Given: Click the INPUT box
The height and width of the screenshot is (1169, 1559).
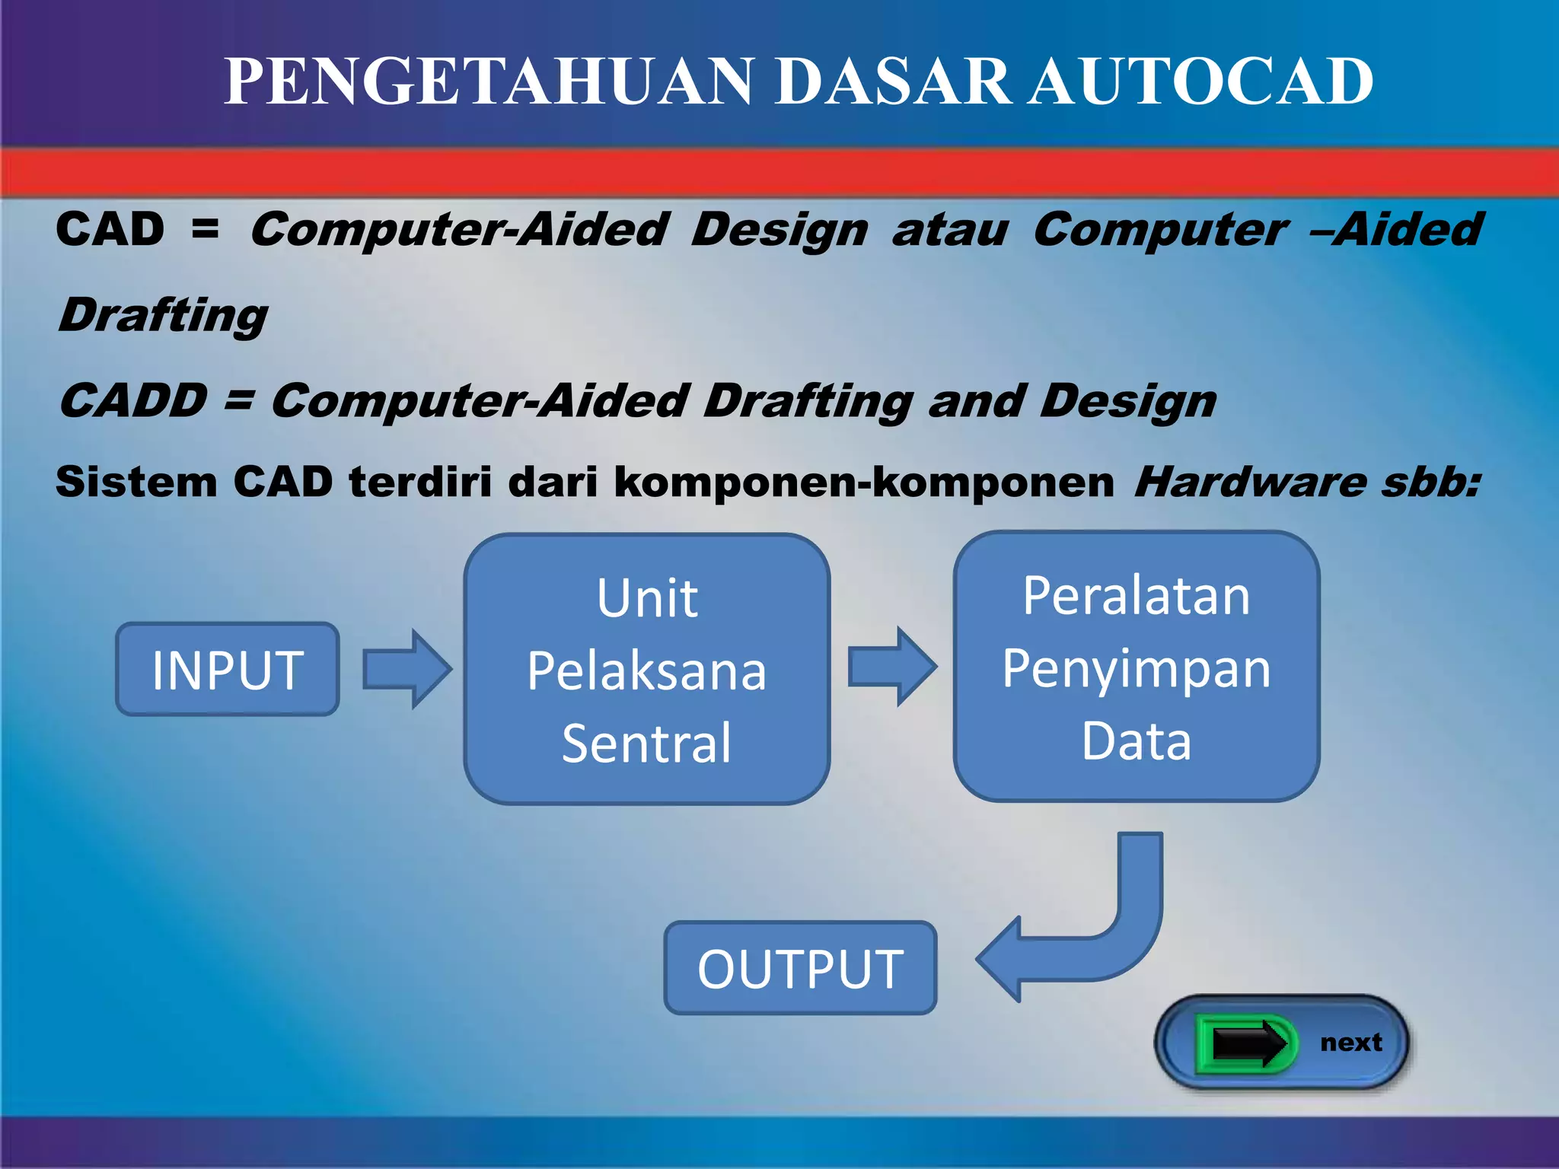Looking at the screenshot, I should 227,669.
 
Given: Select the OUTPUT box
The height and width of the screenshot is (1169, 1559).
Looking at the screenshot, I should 800,968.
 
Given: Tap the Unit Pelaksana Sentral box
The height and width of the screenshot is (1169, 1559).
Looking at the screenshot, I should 646,669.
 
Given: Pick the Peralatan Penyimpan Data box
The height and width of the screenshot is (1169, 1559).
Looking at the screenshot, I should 1136,667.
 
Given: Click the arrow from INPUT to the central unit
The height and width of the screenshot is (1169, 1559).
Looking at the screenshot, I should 406,669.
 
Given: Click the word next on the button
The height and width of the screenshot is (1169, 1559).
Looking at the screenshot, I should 1350,1042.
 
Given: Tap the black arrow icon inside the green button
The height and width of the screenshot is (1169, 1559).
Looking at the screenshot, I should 1248,1043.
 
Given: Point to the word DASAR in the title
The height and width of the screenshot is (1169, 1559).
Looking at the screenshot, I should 894,81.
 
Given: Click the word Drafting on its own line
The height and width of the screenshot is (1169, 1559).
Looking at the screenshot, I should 163,316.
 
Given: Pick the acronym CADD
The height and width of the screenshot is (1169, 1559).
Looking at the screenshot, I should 133,400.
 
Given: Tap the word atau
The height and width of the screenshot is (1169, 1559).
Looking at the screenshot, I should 950,230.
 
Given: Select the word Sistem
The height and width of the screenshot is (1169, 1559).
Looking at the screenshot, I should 136,483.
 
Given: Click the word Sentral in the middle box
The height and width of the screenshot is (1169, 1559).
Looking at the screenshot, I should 646,743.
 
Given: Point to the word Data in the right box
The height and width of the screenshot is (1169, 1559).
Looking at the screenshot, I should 1136,741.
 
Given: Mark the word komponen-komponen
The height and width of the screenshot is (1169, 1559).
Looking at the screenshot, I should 863,483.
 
